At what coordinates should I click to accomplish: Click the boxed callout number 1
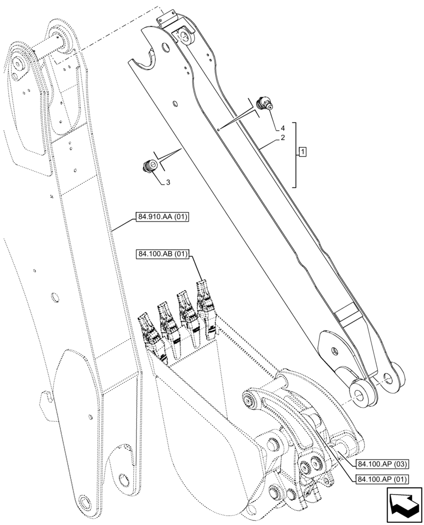point(303,153)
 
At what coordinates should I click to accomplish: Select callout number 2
point(283,138)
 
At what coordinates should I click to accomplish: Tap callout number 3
point(168,182)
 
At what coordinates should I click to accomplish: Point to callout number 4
point(283,128)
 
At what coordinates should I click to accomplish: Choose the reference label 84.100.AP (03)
point(381,464)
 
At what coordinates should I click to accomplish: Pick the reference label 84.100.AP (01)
point(381,478)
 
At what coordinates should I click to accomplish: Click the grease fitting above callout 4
point(264,103)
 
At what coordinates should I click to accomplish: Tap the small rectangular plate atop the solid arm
point(166,19)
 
